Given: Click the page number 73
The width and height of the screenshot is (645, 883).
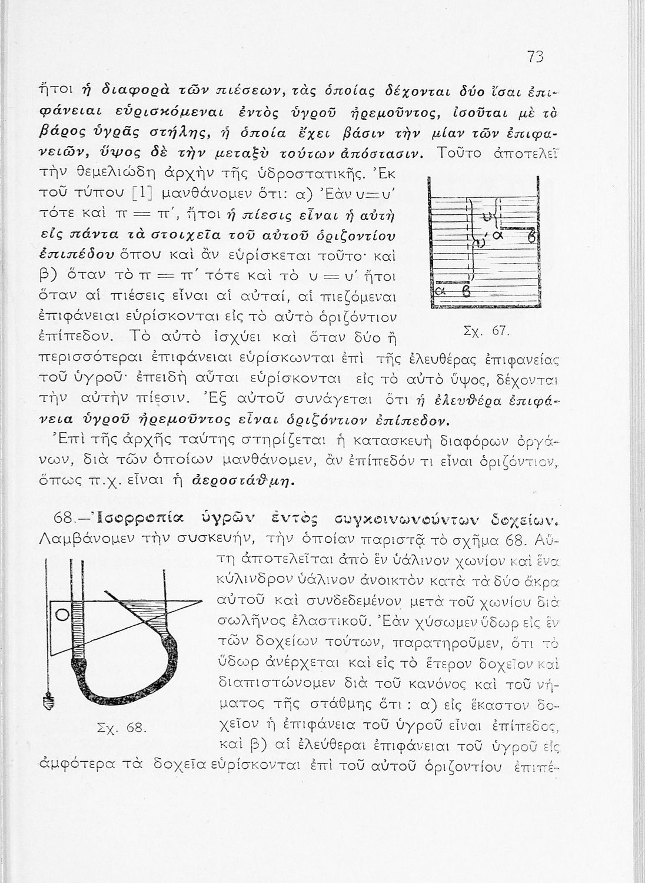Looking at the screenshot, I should (x=535, y=57).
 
